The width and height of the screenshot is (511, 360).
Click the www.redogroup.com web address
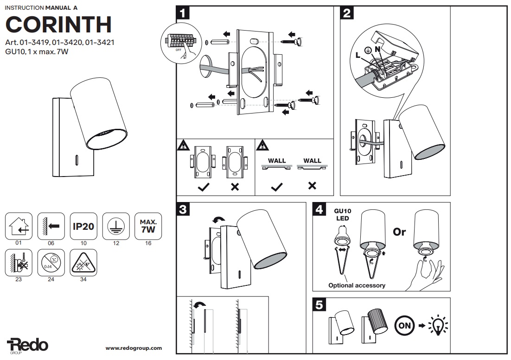click(x=134, y=348)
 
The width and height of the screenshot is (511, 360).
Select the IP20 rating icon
click(x=83, y=227)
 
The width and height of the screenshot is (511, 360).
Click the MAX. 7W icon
click(x=148, y=226)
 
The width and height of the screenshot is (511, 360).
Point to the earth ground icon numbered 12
click(x=115, y=227)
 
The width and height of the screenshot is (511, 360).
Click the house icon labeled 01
click(x=19, y=227)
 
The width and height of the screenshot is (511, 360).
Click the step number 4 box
click(x=319, y=210)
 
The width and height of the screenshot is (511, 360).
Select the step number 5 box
click(x=319, y=305)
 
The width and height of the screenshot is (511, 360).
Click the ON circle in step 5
click(x=404, y=325)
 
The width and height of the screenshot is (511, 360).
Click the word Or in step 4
click(x=399, y=232)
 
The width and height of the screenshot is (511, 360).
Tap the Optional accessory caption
click(x=357, y=285)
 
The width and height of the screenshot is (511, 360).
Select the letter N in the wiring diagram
click(x=377, y=48)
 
